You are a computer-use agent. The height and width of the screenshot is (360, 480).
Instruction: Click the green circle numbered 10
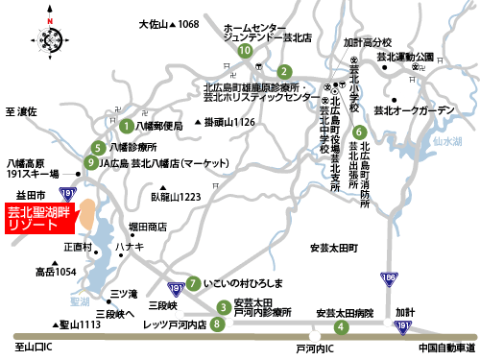pyautogui.click(x=246, y=50)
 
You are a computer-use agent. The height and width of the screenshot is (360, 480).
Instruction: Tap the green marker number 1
pyautogui.click(x=126, y=125)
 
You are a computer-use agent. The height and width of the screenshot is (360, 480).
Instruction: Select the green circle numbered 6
pyautogui.click(x=359, y=132)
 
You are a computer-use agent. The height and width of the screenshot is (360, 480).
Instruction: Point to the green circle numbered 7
pyautogui.click(x=194, y=283)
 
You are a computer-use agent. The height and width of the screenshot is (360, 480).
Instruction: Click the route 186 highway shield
pyautogui.click(x=389, y=279)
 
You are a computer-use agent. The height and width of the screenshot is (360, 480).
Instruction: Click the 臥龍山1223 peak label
pyautogui.click(x=176, y=196)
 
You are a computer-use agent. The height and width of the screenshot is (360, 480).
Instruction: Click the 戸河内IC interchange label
pyautogui.click(x=314, y=348)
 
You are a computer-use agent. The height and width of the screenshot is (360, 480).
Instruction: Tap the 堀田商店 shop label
pyautogui.click(x=147, y=228)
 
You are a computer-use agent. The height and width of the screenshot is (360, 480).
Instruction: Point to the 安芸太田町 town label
pyautogui.click(x=333, y=248)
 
